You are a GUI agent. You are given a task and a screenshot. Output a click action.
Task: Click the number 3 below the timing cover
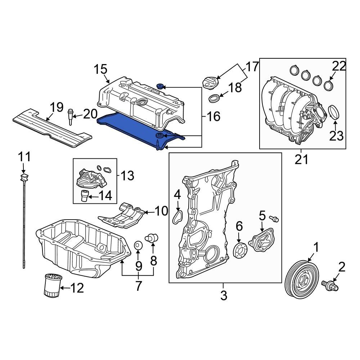pos(224,296)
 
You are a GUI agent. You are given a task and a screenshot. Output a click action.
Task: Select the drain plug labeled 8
pos(151,238)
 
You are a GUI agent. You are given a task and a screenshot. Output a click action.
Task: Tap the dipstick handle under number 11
pos(24,177)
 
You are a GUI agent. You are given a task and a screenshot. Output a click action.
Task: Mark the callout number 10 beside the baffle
pos(162,211)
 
